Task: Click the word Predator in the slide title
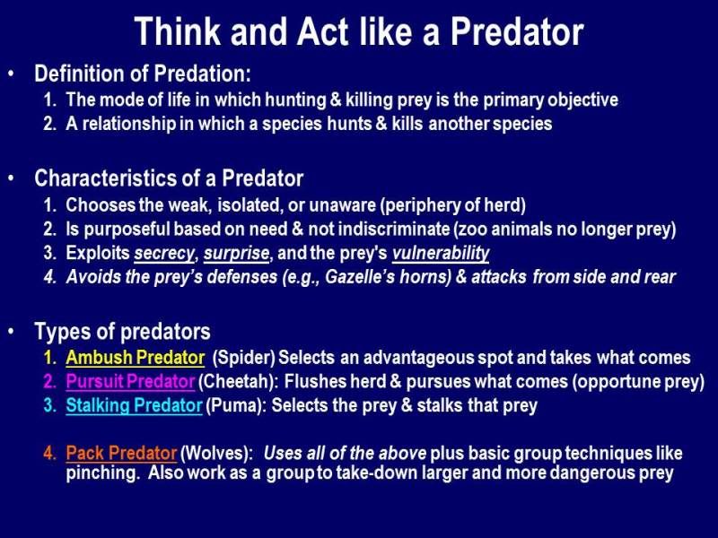coord(517,31)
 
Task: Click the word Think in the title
coord(177,31)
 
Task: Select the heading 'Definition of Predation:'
coord(143,74)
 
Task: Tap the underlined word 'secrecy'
coord(164,254)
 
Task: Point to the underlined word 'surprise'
coord(236,254)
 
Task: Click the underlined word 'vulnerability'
coord(441,254)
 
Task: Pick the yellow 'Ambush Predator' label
coord(136,358)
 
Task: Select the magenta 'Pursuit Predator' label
coord(130,382)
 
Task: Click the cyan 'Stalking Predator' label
coord(134,406)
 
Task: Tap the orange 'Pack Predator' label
coord(121,453)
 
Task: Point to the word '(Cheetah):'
coord(238,382)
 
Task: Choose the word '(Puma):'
coord(236,406)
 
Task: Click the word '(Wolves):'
coord(216,454)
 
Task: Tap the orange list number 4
coord(49,454)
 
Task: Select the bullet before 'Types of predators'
coord(11,331)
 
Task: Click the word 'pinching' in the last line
coord(101,473)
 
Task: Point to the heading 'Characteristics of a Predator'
coord(169,178)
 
